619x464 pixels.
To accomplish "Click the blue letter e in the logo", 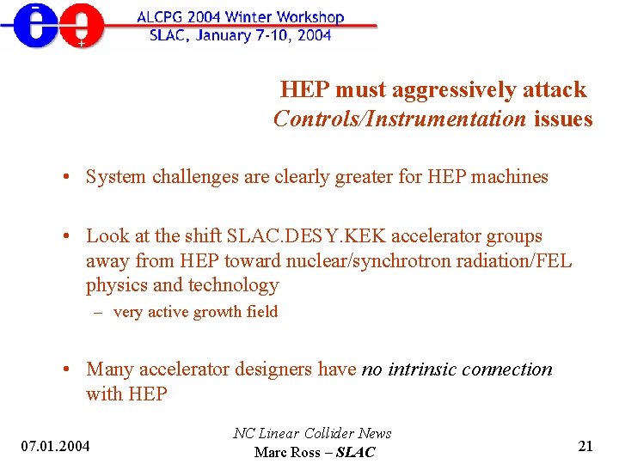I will click(x=34, y=26).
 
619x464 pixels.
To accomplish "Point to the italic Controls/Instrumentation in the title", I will click(x=399, y=119).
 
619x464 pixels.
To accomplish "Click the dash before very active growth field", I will click(x=99, y=312).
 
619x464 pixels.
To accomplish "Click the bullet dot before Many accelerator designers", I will click(x=66, y=369).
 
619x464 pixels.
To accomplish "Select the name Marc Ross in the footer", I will click(x=287, y=452).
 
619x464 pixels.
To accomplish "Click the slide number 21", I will click(x=585, y=445).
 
